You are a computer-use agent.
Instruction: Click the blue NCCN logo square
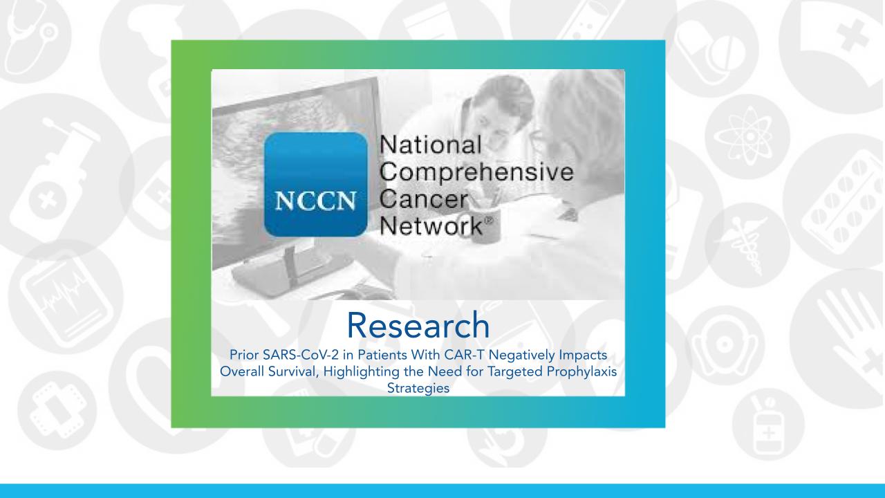point(315,183)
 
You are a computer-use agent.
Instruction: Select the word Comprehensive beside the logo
point(477,172)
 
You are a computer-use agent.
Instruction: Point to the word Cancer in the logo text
point(418,199)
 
